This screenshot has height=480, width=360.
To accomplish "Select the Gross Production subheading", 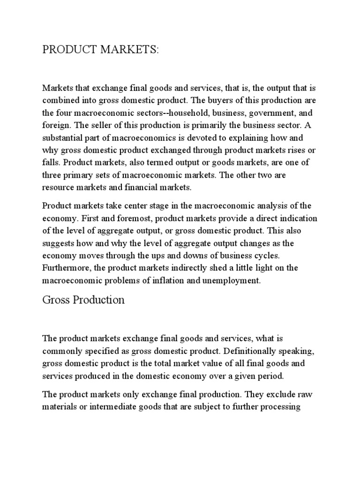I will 83,300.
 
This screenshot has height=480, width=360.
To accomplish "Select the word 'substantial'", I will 62,139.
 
